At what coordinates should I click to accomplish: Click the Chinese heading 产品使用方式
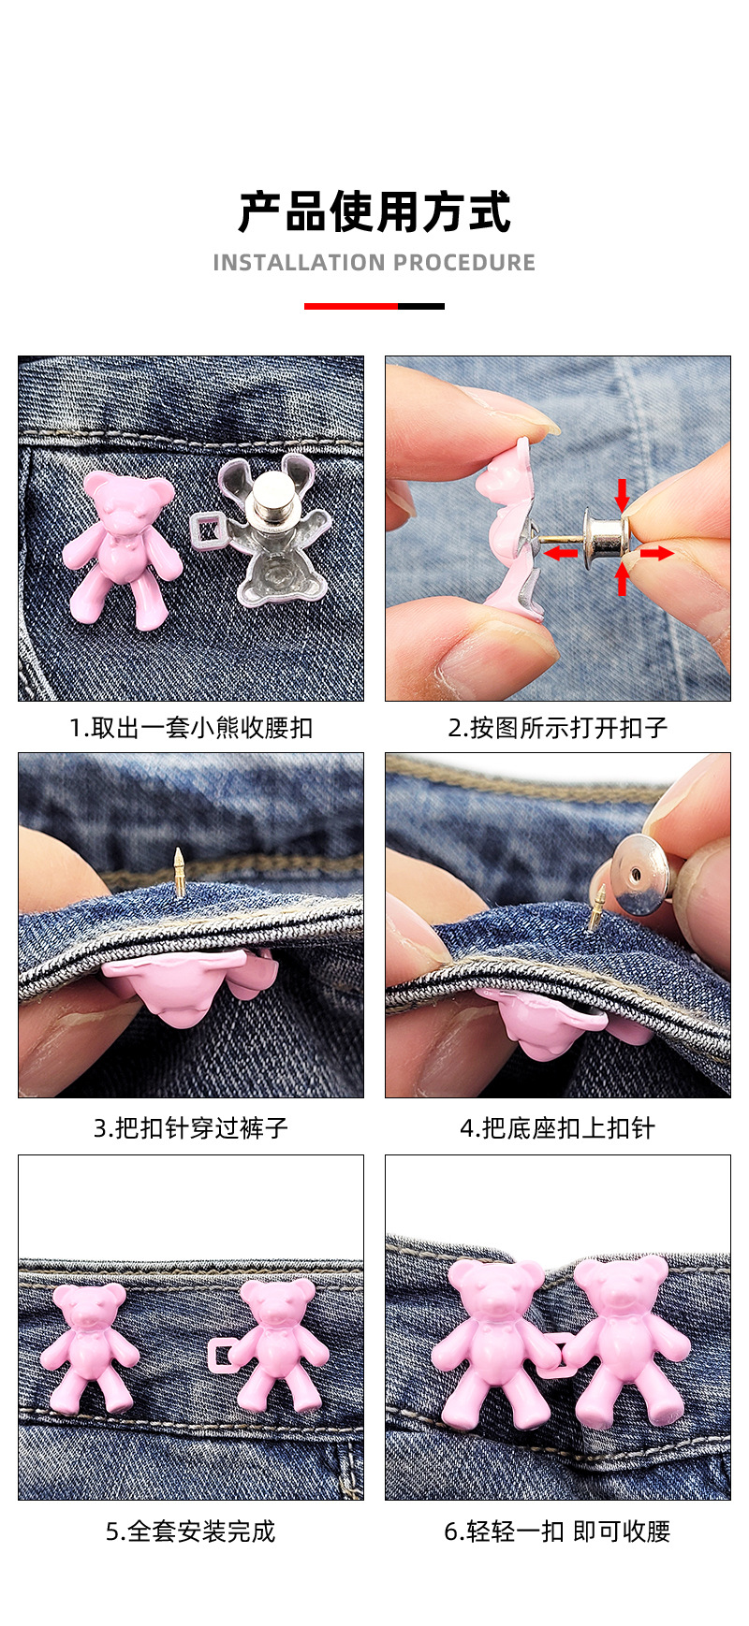tap(374, 211)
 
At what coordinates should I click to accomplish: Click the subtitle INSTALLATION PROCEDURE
tap(374, 263)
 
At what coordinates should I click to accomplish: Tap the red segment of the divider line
tap(351, 306)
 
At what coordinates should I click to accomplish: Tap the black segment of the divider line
tap(421, 306)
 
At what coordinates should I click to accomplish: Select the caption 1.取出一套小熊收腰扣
tap(191, 727)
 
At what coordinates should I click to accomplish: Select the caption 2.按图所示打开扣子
tap(558, 727)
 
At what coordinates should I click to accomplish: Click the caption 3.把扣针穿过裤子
tap(191, 1127)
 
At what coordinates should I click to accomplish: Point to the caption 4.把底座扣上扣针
tap(558, 1127)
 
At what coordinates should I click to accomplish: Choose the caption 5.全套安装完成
tap(191, 1532)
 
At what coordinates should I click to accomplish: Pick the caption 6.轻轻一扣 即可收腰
tap(558, 1532)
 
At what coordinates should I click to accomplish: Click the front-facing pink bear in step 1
tap(122, 547)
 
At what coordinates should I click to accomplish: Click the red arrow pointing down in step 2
tap(622, 493)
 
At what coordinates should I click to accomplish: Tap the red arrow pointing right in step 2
tap(657, 553)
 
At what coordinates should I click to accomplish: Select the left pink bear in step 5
tap(90, 1346)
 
